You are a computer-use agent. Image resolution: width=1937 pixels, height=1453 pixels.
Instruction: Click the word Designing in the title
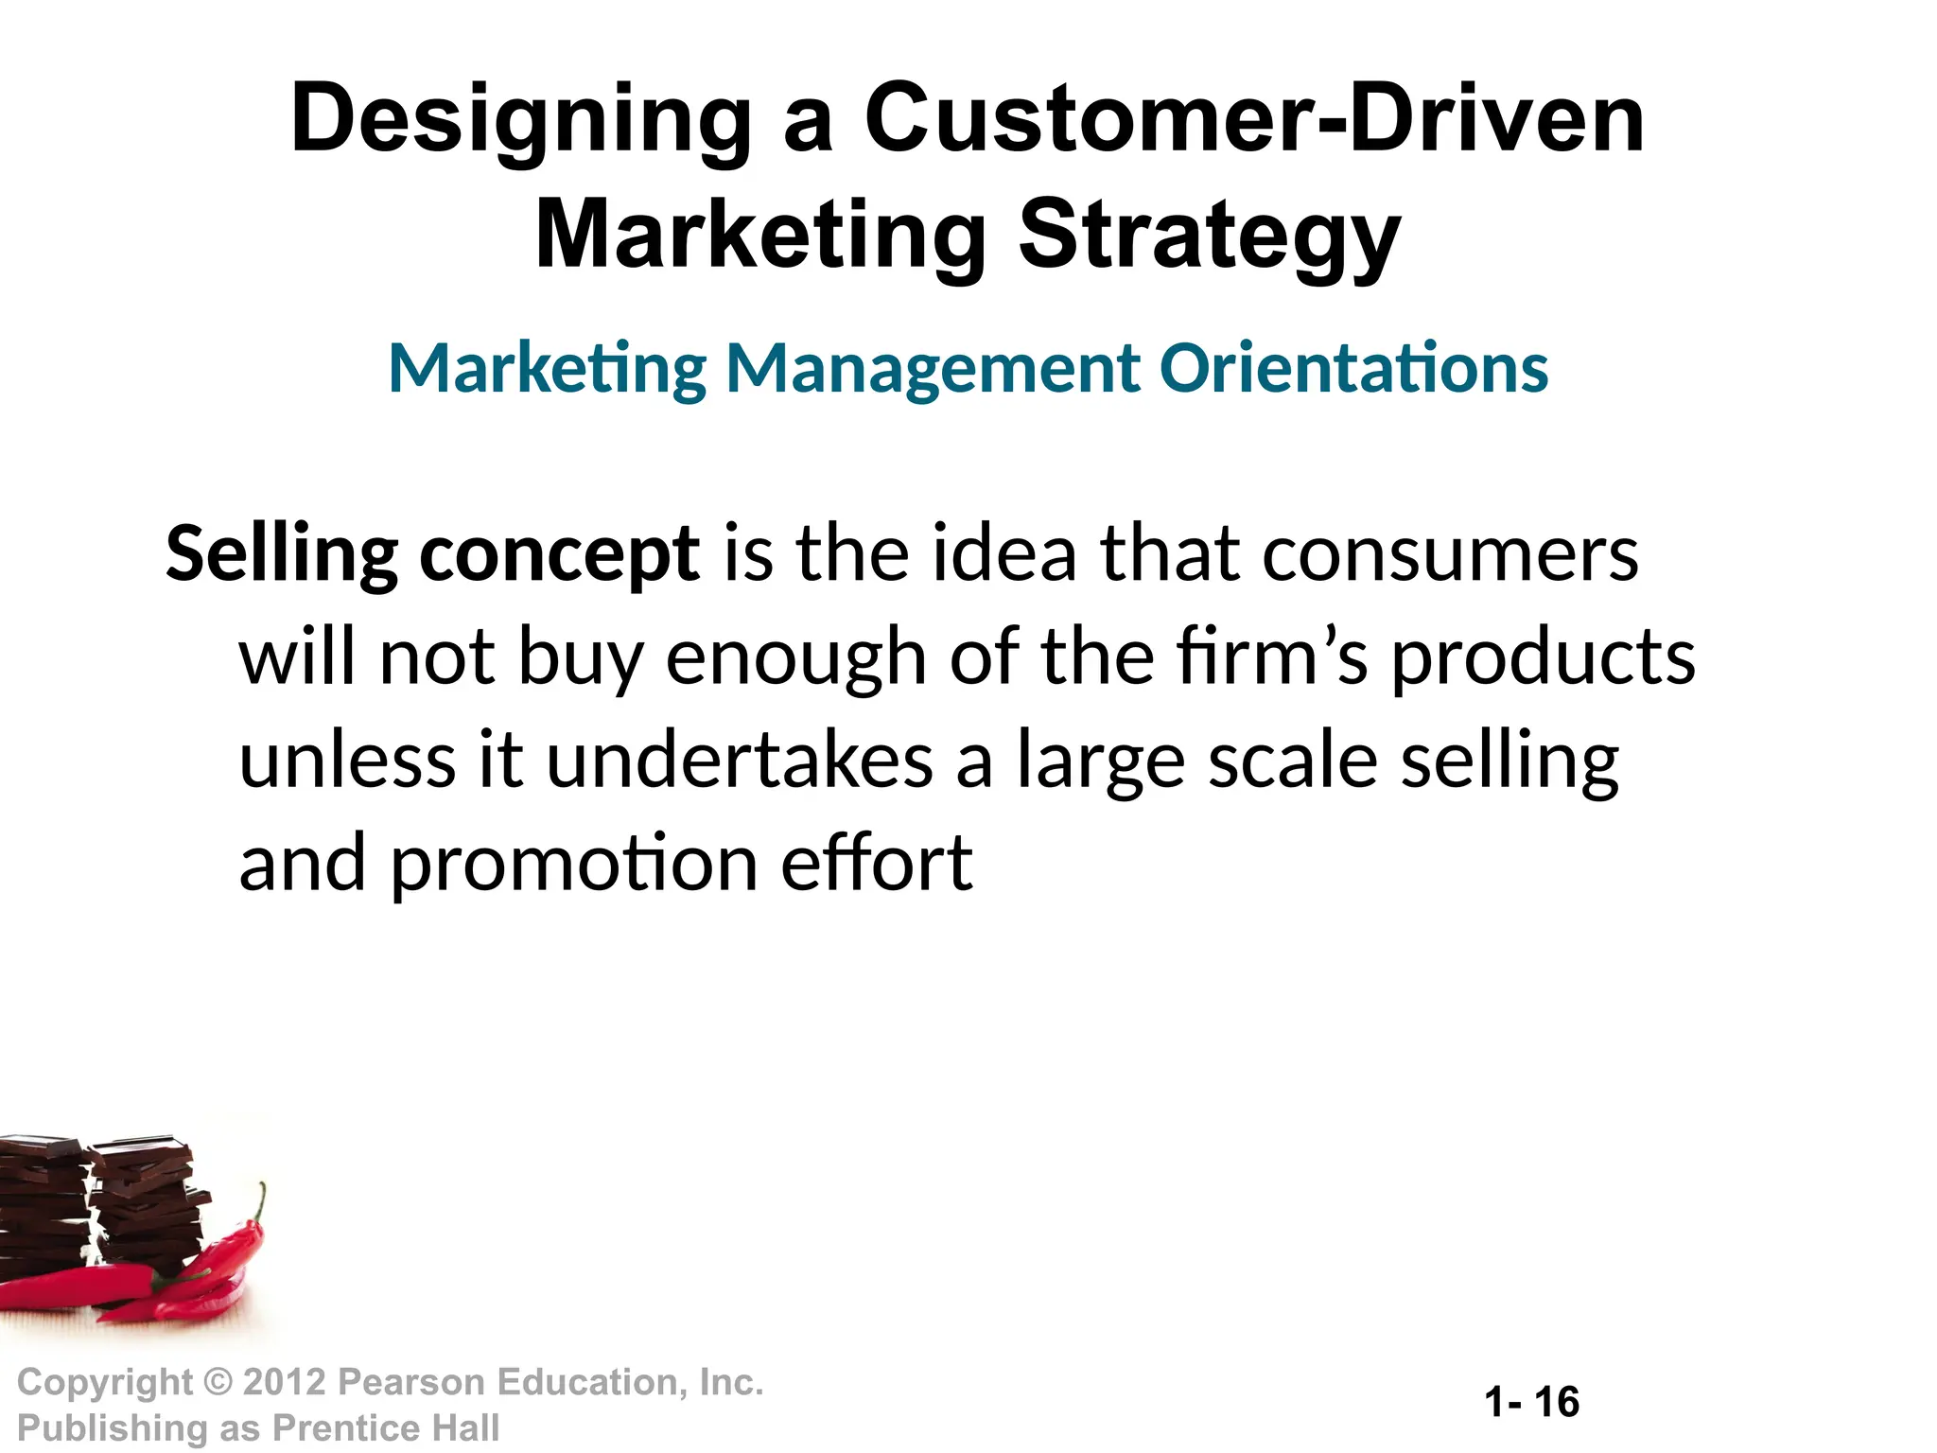click(521, 121)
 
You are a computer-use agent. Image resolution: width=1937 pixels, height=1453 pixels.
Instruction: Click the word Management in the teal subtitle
click(933, 369)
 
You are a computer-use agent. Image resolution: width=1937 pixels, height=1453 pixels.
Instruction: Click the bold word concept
click(559, 554)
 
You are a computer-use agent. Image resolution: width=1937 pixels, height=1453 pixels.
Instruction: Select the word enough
click(795, 657)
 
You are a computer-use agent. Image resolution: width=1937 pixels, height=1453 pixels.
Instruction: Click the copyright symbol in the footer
click(218, 1383)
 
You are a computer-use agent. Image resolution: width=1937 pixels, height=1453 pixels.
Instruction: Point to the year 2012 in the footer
click(285, 1383)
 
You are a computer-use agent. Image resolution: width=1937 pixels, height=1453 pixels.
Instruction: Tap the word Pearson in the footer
click(411, 1383)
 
